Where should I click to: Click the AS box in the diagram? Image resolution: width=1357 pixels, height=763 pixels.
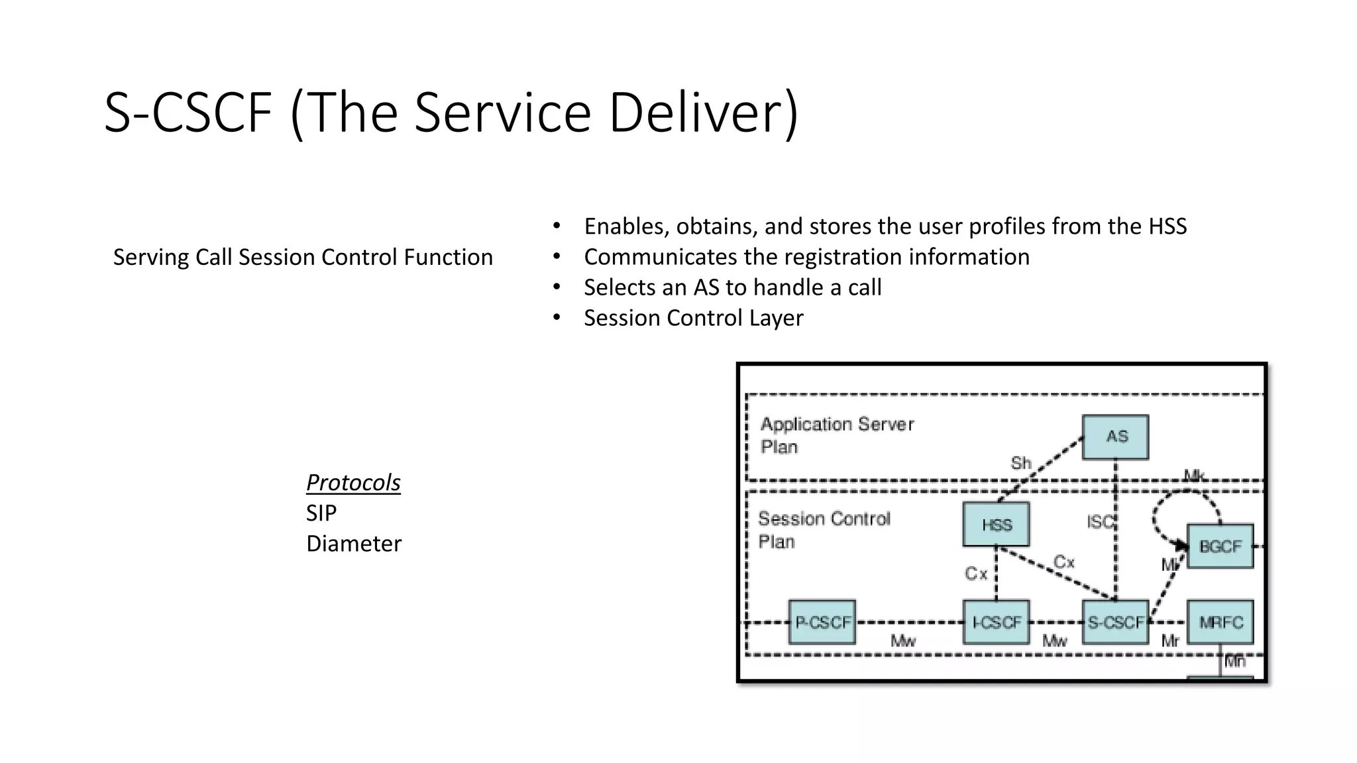(x=1115, y=437)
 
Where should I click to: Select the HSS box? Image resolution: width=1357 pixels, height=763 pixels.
(x=996, y=525)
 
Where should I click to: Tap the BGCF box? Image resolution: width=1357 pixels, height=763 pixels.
(x=1220, y=546)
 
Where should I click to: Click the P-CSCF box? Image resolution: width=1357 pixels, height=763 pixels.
(x=822, y=623)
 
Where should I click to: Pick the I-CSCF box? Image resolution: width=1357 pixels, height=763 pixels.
(x=996, y=623)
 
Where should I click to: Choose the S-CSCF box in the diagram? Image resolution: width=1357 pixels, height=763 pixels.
(x=1115, y=623)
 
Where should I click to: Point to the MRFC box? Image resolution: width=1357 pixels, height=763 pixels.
(x=1220, y=623)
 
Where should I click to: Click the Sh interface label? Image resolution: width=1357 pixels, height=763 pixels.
(x=1020, y=463)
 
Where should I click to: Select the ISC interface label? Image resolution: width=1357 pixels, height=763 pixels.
(x=1100, y=522)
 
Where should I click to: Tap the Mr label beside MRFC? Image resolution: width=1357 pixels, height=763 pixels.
(x=1169, y=641)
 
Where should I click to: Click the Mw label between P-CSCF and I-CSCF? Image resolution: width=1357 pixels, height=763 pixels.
(x=902, y=641)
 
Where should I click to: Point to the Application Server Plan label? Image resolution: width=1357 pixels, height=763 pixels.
(x=836, y=434)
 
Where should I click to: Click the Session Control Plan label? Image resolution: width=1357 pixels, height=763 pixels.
(x=824, y=530)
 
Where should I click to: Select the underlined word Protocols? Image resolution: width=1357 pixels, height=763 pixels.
(x=353, y=482)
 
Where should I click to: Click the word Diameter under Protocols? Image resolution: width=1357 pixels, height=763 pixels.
(x=353, y=544)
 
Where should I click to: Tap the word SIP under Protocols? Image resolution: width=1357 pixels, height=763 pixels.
(x=321, y=513)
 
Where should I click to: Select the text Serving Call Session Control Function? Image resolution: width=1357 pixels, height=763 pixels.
(x=303, y=257)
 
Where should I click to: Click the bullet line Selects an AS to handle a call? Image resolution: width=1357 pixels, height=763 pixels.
(x=732, y=287)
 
